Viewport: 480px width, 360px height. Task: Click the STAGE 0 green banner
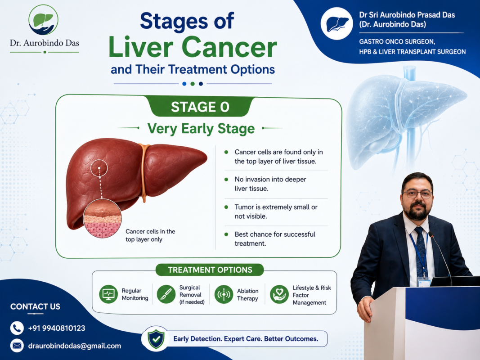(x=200, y=107)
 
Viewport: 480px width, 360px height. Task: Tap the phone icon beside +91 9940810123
(x=17, y=328)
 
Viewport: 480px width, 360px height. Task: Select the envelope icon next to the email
(x=17, y=346)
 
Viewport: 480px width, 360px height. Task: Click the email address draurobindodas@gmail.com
(x=75, y=346)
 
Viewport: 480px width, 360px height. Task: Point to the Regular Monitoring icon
(x=108, y=294)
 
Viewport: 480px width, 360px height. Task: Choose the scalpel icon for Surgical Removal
(x=166, y=294)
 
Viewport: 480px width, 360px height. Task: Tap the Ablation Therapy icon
(x=224, y=294)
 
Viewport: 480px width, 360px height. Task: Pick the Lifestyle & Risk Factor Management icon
(x=279, y=294)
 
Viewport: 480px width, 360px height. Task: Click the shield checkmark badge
(x=156, y=339)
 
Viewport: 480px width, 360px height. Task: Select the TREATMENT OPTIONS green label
(x=210, y=270)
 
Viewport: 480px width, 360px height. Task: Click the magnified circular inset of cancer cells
(x=102, y=218)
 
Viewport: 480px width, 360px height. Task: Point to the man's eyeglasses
(x=417, y=193)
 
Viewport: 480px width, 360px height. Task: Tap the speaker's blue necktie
(x=421, y=251)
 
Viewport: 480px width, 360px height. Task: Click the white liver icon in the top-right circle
(x=337, y=24)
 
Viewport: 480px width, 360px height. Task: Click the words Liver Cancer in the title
(x=193, y=47)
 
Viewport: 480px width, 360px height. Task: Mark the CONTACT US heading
(x=35, y=306)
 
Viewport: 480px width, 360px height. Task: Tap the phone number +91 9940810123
(x=57, y=328)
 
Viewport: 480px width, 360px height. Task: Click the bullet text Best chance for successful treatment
(x=275, y=239)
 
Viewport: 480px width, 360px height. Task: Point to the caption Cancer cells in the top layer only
(x=150, y=235)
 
